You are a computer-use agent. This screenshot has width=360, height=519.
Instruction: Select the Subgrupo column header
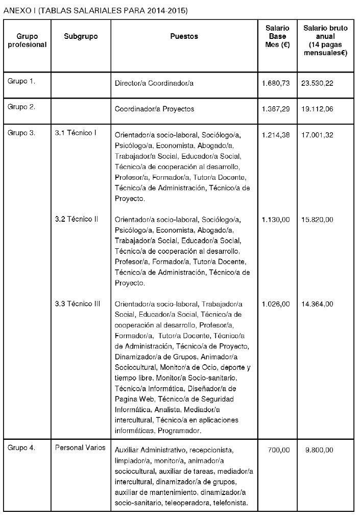pyautogui.click(x=81, y=37)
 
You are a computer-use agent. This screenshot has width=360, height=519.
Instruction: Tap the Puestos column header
pyautogui.click(x=184, y=37)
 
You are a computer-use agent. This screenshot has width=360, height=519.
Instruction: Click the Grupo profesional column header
pyautogui.click(x=27, y=41)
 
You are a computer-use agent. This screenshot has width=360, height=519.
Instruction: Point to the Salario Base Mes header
pyautogui.click(x=277, y=36)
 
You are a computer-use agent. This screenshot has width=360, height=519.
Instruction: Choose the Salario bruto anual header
pyautogui.click(x=325, y=40)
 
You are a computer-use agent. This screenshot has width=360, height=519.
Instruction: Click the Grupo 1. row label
pyautogui.click(x=21, y=81)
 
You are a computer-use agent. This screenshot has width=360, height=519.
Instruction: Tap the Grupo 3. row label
pyautogui.click(x=21, y=133)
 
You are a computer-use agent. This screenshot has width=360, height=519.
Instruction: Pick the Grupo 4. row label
pyautogui.click(x=21, y=448)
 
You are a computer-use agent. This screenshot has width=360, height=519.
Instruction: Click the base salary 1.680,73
pyautogui.click(x=276, y=83)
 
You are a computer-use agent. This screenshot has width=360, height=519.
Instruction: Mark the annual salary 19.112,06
pyautogui.click(x=317, y=109)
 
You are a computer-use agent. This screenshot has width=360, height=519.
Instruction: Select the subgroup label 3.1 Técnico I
pyautogui.click(x=76, y=133)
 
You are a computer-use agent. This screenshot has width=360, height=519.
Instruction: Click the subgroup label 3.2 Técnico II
pyautogui.click(x=77, y=219)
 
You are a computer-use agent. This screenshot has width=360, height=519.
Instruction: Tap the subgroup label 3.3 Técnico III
pyautogui.click(x=78, y=304)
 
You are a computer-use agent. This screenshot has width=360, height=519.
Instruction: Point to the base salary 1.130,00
pyautogui.click(x=276, y=220)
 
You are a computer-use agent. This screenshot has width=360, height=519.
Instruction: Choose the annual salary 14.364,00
pyautogui.click(x=317, y=304)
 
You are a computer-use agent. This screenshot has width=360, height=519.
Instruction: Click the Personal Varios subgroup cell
pyautogui.click(x=80, y=448)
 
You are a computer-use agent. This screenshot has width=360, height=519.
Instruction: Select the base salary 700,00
pyautogui.click(x=278, y=450)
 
